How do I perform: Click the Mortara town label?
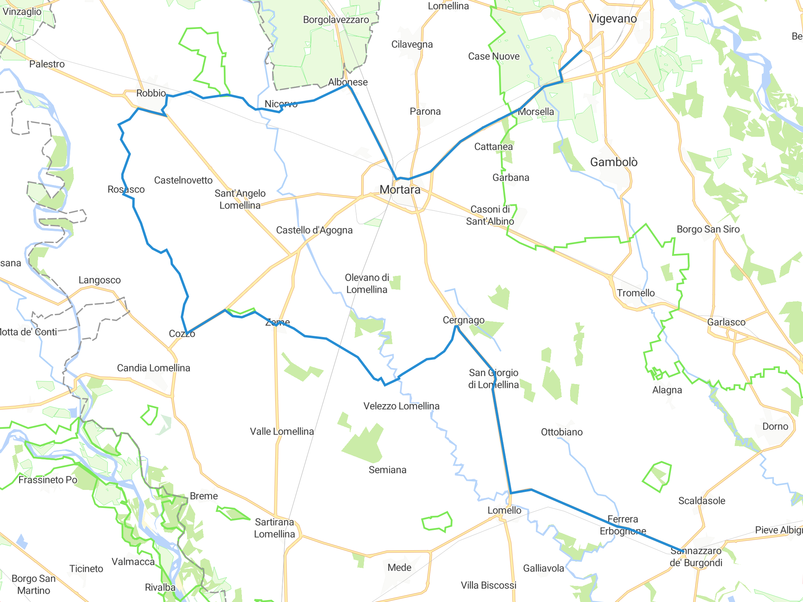point(400,190)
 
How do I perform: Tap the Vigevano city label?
point(613,19)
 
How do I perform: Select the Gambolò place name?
point(614,162)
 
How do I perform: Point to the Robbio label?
point(151,93)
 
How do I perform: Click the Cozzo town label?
point(182,334)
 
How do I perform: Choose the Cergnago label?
point(463,320)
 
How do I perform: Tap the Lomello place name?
point(504,510)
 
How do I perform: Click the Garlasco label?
point(726,322)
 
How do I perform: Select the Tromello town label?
point(636,293)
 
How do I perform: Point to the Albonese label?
point(348,82)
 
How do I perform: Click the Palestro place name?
point(47,64)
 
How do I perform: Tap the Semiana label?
point(387,470)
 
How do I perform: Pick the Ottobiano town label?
point(561,432)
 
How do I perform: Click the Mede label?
point(399,568)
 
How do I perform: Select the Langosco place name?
point(100,280)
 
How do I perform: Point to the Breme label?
point(203,496)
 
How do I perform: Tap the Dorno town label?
point(775,426)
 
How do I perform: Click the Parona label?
point(425,112)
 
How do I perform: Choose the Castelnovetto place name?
point(183,180)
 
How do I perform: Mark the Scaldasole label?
point(701,501)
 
